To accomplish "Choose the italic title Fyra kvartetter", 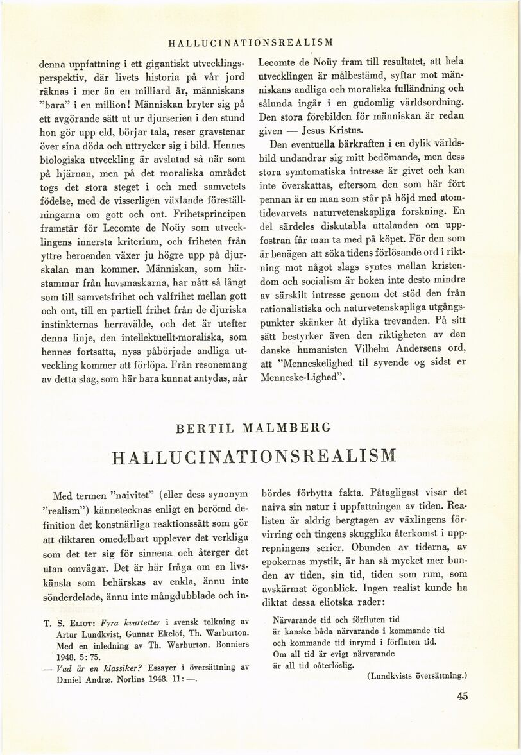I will click(132, 621).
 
